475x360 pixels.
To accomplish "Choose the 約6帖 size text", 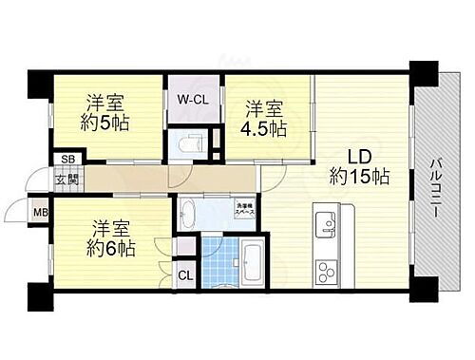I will (x=113, y=249).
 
